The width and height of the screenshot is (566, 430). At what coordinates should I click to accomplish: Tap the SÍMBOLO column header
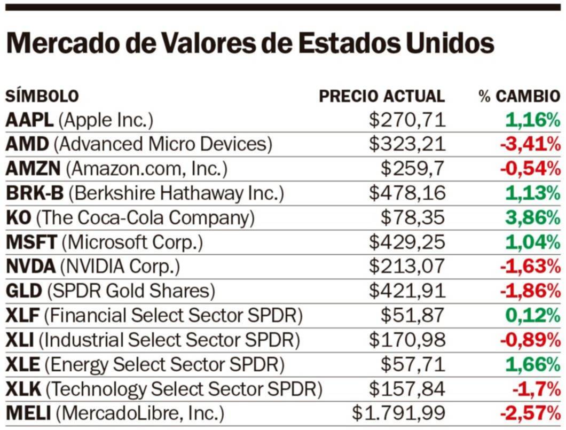point(42,96)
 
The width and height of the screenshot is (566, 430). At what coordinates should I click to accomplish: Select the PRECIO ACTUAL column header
point(381,96)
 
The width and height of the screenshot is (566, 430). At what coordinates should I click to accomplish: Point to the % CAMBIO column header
point(519,96)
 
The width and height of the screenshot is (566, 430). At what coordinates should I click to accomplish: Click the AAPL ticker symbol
point(29,120)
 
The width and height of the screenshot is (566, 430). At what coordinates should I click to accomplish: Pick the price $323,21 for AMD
point(407,144)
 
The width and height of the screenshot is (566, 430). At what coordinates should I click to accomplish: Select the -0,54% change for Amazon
point(530,169)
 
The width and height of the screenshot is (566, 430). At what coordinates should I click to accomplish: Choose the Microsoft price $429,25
point(407,243)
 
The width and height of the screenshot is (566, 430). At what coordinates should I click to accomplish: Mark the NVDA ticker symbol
point(30,267)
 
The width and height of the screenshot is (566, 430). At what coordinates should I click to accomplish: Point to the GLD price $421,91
point(407,291)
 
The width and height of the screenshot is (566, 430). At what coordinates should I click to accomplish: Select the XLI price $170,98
point(407,340)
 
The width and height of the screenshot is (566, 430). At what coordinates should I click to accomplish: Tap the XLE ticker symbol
point(22,365)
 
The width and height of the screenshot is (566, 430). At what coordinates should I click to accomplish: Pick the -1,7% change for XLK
point(536,389)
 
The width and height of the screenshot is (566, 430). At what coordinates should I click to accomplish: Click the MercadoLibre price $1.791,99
point(398,414)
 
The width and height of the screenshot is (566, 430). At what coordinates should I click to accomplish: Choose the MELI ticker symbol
point(28,414)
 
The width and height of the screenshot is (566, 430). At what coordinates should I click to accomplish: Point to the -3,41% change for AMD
point(530,144)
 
